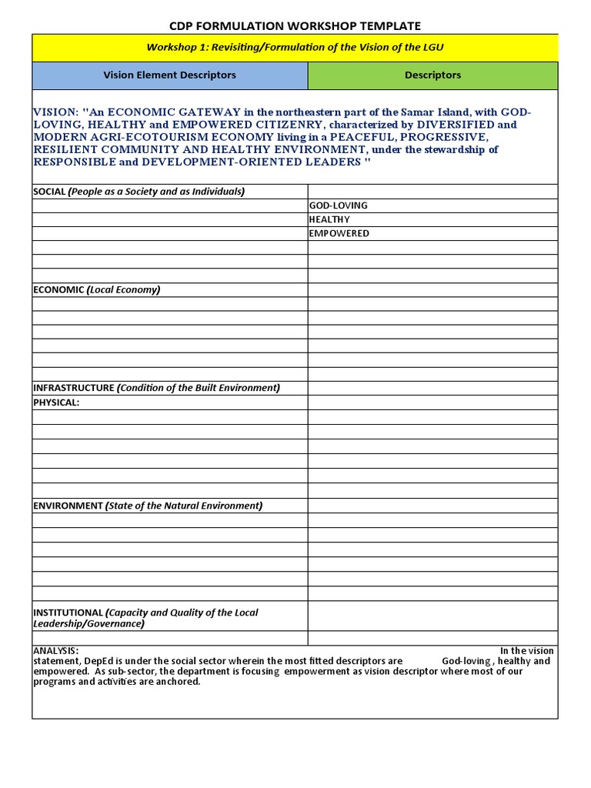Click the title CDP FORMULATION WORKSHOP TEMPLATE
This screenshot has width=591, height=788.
tap(295, 26)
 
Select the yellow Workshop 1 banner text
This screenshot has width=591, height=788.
tap(295, 48)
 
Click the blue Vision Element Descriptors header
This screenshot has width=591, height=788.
tap(169, 75)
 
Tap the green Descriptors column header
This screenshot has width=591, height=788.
tap(432, 75)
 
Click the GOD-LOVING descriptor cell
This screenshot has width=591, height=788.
tap(338, 205)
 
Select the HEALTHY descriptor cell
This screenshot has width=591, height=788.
tap(329, 219)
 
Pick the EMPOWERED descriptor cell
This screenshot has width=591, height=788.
tap(339, 233)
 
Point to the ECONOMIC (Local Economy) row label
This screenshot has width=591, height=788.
tap(97, 289)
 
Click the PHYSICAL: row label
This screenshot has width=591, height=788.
tap(56, 402)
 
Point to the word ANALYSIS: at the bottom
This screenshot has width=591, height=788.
tap(55, 650)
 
